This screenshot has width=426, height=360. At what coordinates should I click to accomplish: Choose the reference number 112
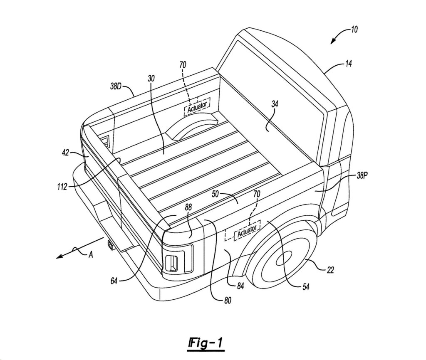pos(62,187)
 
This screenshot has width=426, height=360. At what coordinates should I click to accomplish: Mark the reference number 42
pos(66,153)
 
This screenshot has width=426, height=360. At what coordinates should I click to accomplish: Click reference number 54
pos(306,287)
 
